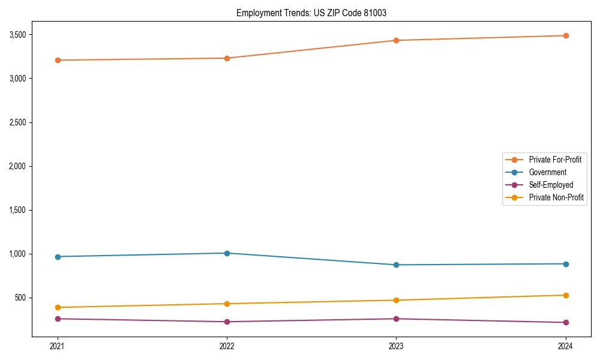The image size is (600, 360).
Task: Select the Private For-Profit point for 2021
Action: (58, 60)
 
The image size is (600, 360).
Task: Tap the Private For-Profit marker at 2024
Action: (566, 35)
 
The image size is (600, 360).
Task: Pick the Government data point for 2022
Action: (227, 253)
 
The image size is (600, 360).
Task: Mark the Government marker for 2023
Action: (396, 265)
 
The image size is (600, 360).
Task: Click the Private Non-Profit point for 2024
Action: (566, 295)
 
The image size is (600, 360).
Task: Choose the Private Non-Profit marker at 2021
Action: (58, 307)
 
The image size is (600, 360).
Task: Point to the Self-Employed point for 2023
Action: (396, 319)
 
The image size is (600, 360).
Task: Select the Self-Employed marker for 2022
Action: (227, 322)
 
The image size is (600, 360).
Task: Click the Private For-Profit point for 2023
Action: (396, 40)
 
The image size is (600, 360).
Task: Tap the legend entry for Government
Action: (547, 172)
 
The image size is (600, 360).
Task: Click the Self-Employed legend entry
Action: (551, 185)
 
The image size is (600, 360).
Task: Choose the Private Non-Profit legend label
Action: (556, 197)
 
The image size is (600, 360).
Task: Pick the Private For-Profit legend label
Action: (554, 160)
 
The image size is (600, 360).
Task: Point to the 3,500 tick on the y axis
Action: (17, 35)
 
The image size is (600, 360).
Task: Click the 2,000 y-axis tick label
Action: (17, 166)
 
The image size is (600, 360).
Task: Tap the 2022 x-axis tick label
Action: (227, 346)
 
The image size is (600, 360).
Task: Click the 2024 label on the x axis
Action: (566, 346)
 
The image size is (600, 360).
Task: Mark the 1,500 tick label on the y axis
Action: (17, 210)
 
